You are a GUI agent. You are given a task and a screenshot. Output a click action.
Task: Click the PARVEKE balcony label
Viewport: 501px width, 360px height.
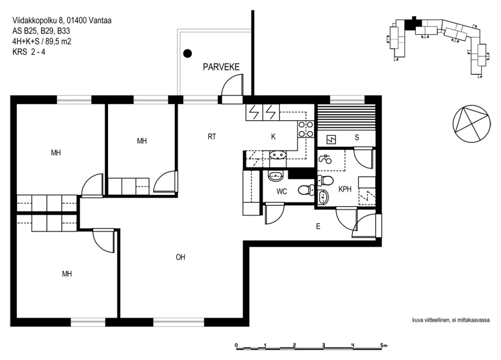tap(221, 67)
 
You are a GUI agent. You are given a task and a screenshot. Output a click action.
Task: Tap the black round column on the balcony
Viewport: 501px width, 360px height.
tap(187, 53)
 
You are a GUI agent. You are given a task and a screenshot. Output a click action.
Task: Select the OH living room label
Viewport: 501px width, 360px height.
tap(180, 257)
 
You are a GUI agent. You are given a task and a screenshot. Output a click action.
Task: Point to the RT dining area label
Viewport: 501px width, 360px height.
tap(212, 136)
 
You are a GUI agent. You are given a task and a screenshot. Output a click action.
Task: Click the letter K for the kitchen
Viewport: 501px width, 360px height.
tap(273, 136)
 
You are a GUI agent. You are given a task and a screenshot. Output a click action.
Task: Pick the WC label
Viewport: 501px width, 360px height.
tap(281, 191)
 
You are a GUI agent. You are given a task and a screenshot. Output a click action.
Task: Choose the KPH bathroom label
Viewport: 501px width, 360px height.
tap(345, 189)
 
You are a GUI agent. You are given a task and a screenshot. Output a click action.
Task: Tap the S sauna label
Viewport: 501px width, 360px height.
tap(357, 137)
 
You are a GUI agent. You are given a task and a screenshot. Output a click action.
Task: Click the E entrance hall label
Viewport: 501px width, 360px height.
tap(318, 227)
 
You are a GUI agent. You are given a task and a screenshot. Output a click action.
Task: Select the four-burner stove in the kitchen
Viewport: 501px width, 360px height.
tap(306, 129)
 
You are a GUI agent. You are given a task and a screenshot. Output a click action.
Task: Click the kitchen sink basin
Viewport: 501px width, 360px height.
tap(278, 155)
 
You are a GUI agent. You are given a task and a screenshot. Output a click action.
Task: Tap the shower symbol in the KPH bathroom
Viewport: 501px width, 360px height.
tap(325, 159)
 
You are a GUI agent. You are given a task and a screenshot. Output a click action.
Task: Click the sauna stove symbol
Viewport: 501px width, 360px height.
tap(331, 140)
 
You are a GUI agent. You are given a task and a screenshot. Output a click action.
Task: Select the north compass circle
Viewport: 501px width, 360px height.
tap(471, 124)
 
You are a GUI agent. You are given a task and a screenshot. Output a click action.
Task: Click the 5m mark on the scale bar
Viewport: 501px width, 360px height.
tap(384, 345)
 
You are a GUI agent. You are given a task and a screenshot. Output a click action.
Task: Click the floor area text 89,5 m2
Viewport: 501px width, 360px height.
tap(58, 41)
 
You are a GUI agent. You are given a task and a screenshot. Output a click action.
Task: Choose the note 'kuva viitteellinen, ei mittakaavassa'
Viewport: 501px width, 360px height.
tap(451, 320)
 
